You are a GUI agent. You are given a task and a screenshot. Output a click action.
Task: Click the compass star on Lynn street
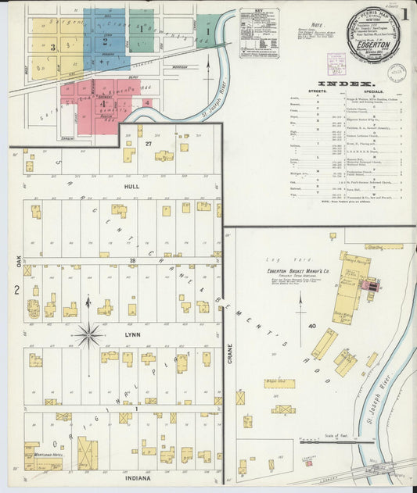[88, 336]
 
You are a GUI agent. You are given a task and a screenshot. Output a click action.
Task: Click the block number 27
[148, 144]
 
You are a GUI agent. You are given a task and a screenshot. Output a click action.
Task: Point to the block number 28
[132, 260]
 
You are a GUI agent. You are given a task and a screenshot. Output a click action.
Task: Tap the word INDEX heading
[347, 82]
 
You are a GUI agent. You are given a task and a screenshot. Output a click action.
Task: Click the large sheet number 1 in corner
[404, 14]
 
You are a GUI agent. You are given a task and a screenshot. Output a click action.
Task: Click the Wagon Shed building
[278, 383]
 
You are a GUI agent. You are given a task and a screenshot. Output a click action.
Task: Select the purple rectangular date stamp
[336, 62]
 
